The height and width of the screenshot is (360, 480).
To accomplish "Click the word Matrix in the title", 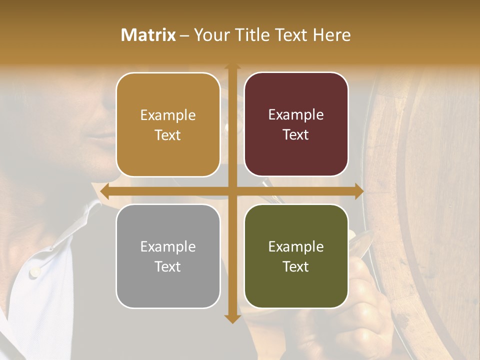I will [148, 35].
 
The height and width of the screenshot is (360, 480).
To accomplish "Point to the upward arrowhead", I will [232, 67].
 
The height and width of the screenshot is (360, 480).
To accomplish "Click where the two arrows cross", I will [232, 191].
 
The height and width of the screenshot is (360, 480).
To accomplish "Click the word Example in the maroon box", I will [296, 114].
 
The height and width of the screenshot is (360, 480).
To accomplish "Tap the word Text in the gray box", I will [167, 266].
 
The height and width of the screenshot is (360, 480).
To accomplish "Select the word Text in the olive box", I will [295, 266].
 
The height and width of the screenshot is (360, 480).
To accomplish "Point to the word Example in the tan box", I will [168, 115].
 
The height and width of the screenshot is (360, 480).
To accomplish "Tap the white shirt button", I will [35, 272].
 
